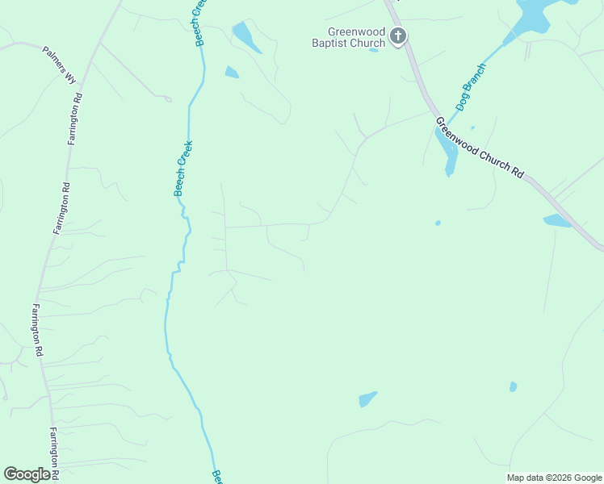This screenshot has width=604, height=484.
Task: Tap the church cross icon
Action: point(397,35)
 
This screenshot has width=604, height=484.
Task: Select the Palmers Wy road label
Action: point(60,65)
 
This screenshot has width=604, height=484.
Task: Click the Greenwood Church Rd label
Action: point(480,148)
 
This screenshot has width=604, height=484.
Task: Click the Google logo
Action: point(27,474)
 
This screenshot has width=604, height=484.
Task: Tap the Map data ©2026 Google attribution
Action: point(553,478)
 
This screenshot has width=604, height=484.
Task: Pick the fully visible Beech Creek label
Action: point(183,168)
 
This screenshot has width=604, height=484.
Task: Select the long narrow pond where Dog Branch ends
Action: point(446,150)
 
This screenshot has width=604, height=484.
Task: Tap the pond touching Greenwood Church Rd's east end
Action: point(557,220)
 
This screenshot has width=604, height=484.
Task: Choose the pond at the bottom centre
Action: point(367,399)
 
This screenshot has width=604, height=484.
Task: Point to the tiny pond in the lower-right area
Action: point(513,387)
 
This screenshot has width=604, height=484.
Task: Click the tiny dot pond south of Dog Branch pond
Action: point(438,223)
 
